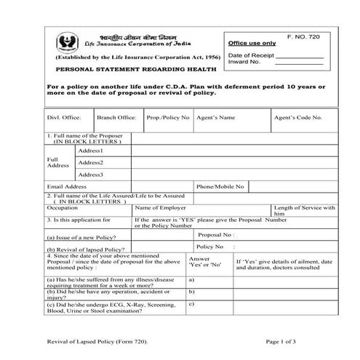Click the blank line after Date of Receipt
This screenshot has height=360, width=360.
coord(296,55)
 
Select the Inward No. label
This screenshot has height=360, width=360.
coord(244,63)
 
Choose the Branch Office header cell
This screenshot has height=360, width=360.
coord(116,117)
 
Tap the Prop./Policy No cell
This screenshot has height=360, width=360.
coord(168,117)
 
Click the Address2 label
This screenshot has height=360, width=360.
coord(91,163)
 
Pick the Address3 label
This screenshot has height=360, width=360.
coord(91,175)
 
